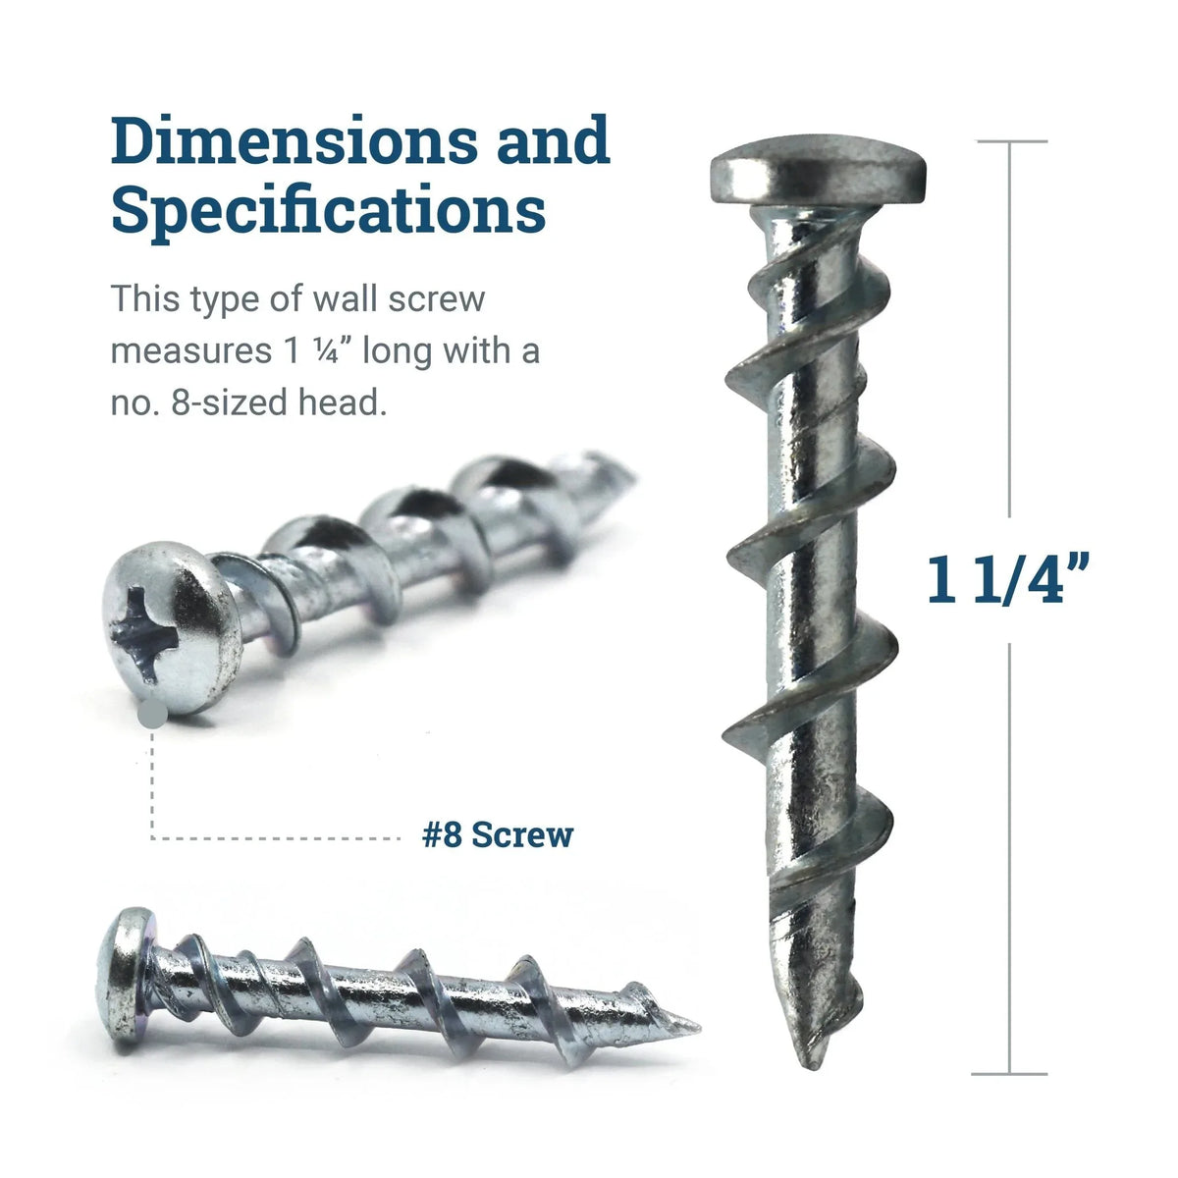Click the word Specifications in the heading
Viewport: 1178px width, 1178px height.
[328, 211]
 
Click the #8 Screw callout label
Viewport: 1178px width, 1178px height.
[498, 835]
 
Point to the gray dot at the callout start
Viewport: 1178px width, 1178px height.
[152, 716]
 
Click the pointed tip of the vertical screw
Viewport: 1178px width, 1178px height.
[811, 1060]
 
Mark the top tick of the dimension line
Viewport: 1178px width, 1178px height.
[1011, 142]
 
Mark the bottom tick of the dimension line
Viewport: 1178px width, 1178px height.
[1011, 1074]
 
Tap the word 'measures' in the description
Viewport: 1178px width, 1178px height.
[183, 350]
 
